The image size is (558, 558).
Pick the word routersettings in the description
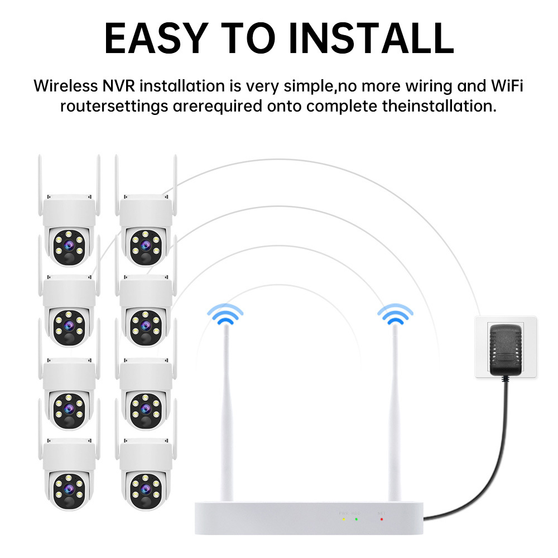click(x=114, y=106)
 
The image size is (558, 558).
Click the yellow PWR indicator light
click(x=343, y=519)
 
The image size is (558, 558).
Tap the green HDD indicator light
click(x=356, y=519)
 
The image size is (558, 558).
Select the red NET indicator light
click(x=382, y=519)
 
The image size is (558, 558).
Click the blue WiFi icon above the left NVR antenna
click(x=225, y=316)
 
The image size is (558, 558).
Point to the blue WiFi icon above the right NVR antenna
click(x=395, y=316)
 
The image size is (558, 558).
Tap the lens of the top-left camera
click(x=68, y=244)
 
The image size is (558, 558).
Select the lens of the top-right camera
click(x=145, y=244)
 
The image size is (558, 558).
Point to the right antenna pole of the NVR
click(x=396, y=413)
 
